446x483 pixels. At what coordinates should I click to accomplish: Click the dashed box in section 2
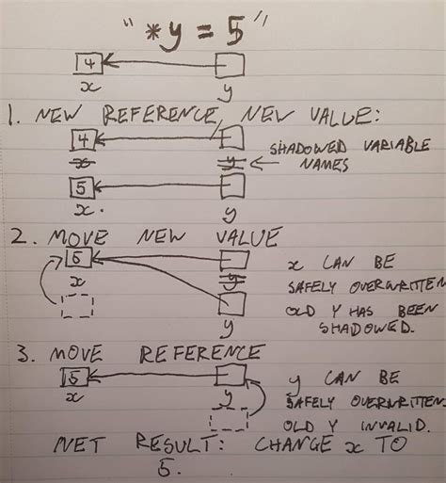tap(79, 307)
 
